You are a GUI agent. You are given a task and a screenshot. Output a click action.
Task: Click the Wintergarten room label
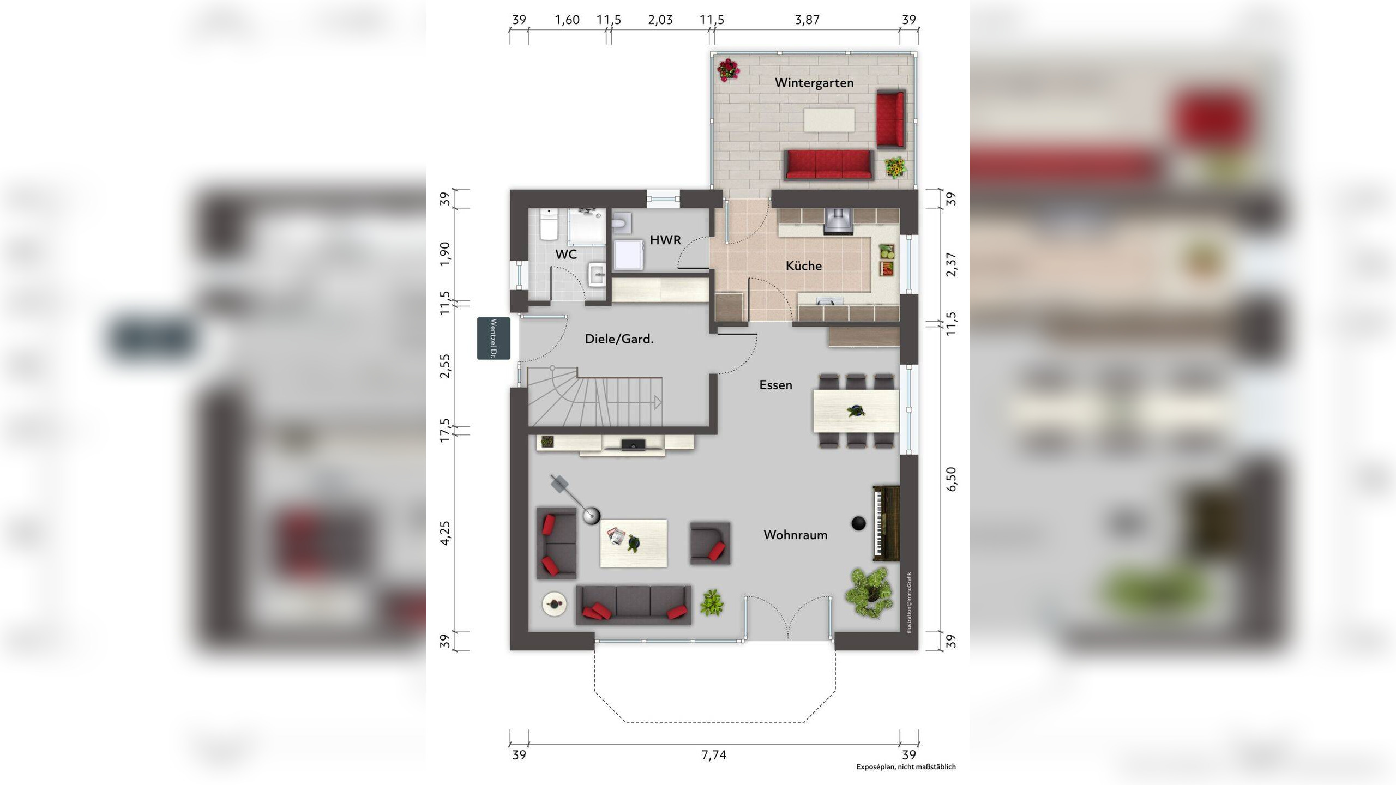click(814, 83)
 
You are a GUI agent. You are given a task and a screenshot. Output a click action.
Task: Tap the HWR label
click(665, 239)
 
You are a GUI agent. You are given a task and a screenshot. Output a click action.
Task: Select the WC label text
click(566, 254)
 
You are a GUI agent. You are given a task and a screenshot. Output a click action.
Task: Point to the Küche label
click(803, 265)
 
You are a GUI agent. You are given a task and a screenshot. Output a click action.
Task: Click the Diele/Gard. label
click(619, 339)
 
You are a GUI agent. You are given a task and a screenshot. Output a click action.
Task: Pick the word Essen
click(775, 385)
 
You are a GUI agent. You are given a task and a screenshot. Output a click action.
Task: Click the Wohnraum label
click(795, 535)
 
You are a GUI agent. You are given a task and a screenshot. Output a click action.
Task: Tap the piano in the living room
click(886, 523)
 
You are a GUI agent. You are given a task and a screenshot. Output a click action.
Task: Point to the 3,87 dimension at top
click(807, 20)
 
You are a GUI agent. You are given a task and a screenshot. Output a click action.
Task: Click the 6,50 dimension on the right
click(951, 479)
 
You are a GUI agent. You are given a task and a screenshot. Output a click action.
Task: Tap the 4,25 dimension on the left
click(446, 533)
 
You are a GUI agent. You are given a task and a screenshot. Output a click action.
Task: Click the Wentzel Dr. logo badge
click(494, 338)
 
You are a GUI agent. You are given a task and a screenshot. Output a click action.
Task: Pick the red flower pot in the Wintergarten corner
click(727, 70)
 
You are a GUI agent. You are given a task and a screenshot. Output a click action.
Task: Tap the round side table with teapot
click(555, 604)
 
